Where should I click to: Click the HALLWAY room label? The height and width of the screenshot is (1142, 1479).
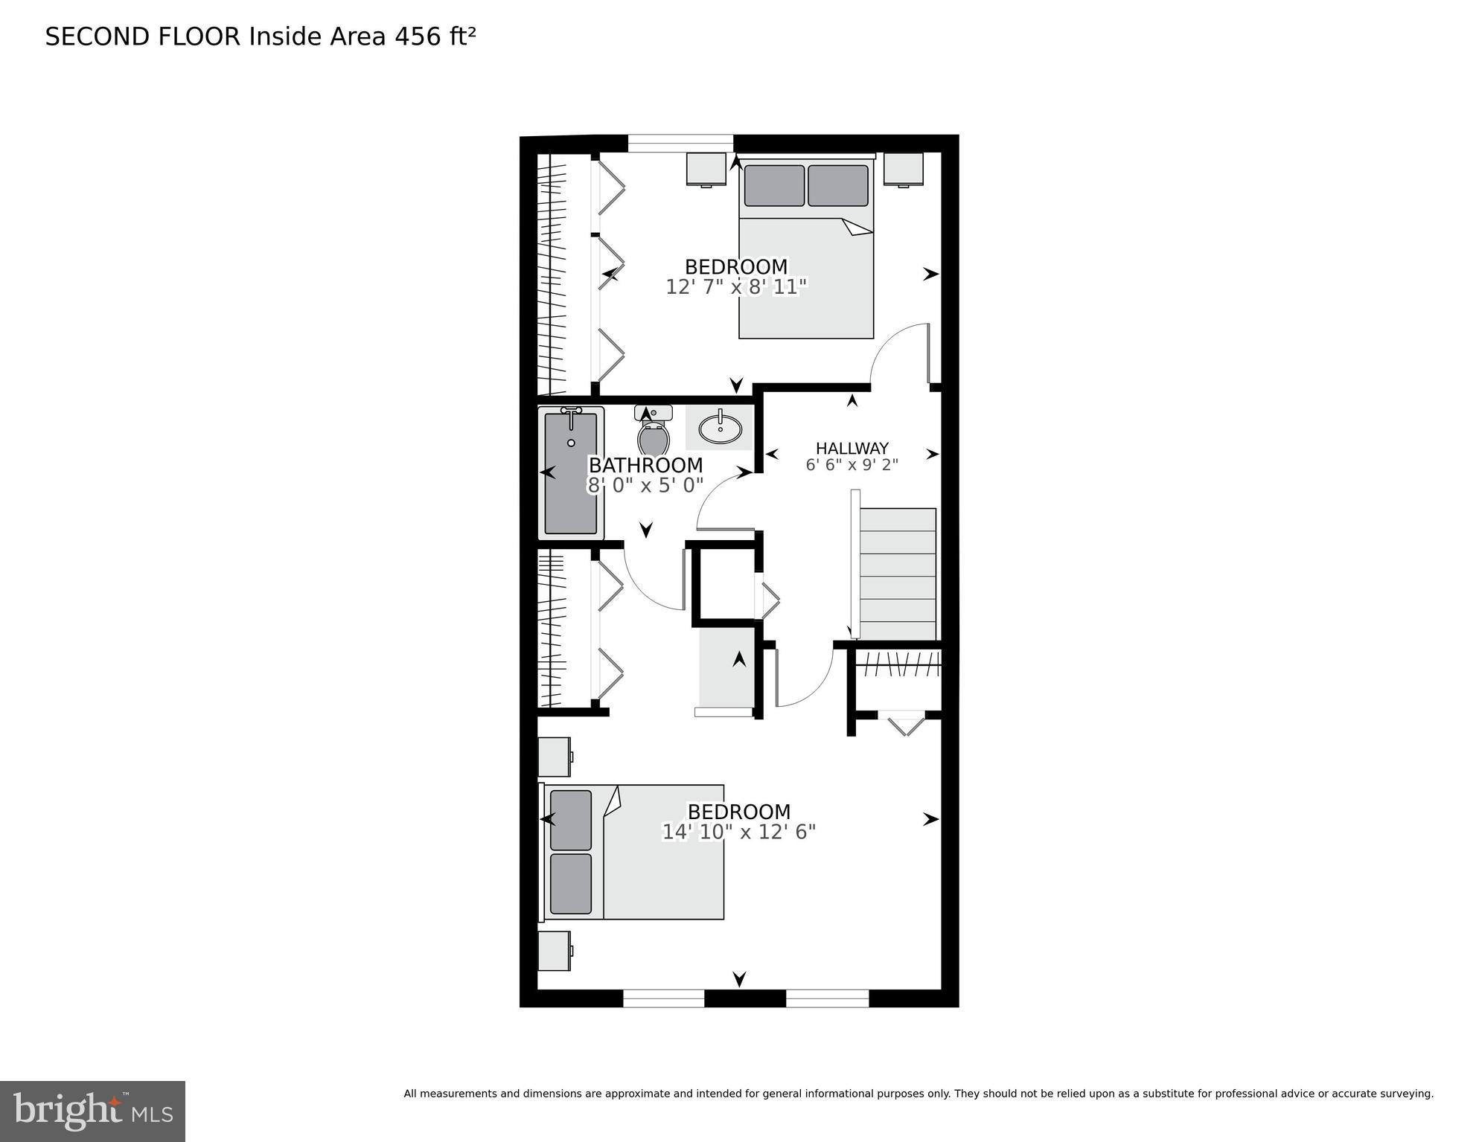tap(852, 448)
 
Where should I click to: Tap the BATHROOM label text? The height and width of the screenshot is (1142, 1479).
tap(645, 465)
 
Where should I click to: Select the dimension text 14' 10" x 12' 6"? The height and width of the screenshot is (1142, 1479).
tap(738, 832)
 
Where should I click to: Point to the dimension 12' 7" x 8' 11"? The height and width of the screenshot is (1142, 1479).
tap(735, 287)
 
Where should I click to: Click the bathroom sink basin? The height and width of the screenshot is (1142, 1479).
tap(720, 428)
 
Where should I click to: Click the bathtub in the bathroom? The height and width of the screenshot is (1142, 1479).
tap(571, 473)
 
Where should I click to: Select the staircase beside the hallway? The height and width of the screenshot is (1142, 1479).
tap(898, 573)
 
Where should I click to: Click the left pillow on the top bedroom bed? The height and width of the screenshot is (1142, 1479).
tap(773, 185)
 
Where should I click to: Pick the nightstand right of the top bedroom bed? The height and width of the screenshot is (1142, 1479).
tap(904, 169)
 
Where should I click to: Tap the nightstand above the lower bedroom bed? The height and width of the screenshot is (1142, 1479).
tap(555, 757)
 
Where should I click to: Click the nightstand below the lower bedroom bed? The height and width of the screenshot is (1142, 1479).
tap(555, 950)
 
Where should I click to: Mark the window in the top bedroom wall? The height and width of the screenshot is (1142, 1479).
tap(680, 143)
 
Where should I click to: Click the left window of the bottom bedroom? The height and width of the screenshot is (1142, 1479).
tap(663, 998)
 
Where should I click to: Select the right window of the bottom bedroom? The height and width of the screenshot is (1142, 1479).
tap(827, 998)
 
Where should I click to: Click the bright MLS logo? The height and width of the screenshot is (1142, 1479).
tap(92, 1111)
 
